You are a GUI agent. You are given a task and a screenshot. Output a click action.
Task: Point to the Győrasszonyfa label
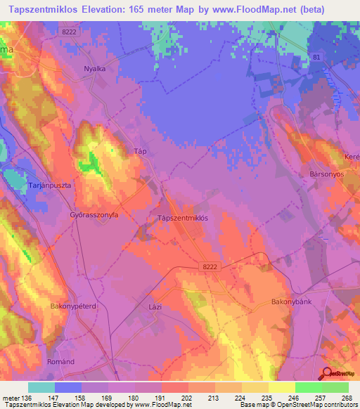pyautogui.click(x=94, y=215)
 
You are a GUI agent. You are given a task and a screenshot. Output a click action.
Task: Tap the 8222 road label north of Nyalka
pyautogui.click(x=88, y=32)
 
